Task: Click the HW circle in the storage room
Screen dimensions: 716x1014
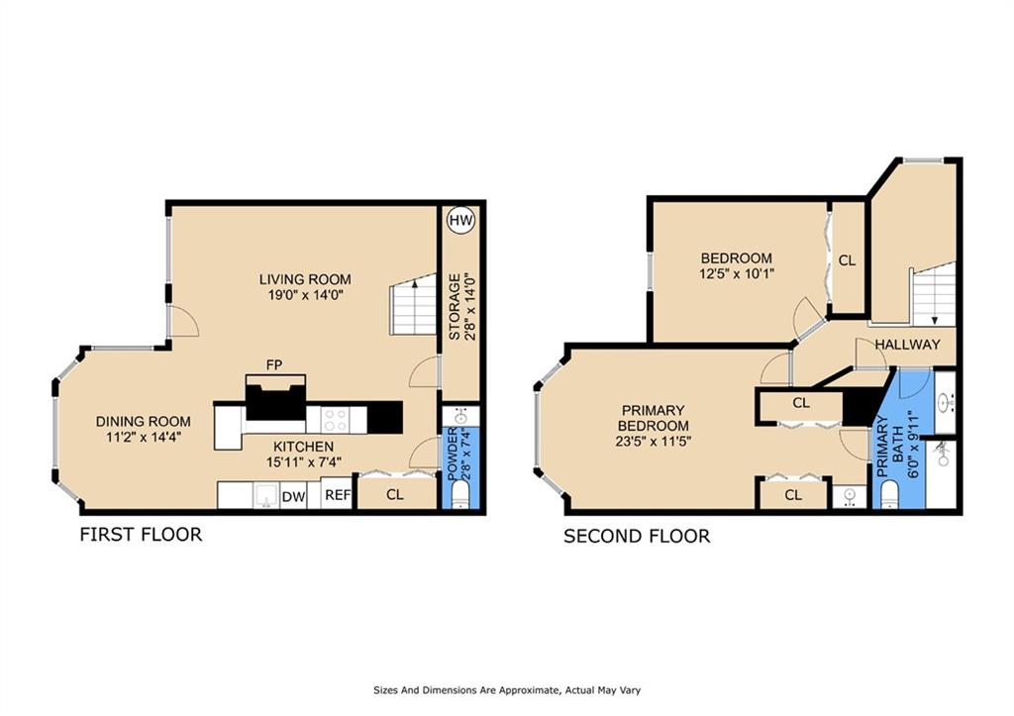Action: pos(459,221)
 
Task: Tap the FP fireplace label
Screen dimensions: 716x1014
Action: pos(274,365)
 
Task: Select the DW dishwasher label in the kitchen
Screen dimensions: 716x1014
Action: pos(293,496)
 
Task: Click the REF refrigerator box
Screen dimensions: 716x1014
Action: pos(337,494)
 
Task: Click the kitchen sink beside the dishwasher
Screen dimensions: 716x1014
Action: pos(264,495)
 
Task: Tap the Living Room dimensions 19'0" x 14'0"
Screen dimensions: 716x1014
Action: pos(305,296)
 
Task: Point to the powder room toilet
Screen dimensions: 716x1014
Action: pos(458,498)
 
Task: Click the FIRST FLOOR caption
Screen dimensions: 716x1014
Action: pos(141,535)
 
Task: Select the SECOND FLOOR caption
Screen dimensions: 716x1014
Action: pos(636,537)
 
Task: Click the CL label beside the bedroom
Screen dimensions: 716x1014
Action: pos(847,261)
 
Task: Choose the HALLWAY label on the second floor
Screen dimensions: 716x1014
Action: pos(906,345)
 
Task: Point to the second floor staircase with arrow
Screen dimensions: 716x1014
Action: pos(933,294)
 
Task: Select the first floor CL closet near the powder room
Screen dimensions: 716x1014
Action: pos(394,493)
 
